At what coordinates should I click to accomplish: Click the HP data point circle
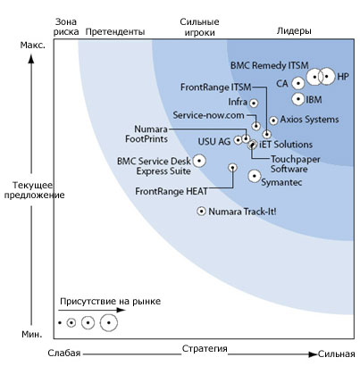coord(327,77)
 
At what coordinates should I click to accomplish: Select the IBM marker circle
coord(298,99)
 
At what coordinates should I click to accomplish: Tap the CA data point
coord(297,83)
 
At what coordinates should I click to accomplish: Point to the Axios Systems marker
coord(273,121)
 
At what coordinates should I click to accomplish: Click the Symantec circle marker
coord(255,176)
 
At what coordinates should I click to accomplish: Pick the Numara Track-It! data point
coord(202,212)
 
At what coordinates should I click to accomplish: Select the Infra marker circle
coord(254,104)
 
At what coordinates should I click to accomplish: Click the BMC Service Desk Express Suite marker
coord(199,161)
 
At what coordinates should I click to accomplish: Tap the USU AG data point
coord(238,140)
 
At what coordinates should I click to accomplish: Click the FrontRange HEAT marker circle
coord(232,168)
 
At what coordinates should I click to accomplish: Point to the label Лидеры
coord(294,30)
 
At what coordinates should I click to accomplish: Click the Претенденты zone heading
coord(115,31)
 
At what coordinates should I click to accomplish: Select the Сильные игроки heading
coord(199,27)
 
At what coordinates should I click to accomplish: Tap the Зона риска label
coord(66,27)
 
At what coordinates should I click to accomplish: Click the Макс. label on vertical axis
coord(33,46)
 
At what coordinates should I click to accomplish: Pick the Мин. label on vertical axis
coord(32,334)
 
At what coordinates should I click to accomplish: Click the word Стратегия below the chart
coord(205,348)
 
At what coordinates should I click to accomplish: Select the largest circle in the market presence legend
coord(109,322)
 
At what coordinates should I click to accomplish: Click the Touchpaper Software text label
coord(295,164)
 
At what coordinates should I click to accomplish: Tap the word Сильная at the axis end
coord(336,354)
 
